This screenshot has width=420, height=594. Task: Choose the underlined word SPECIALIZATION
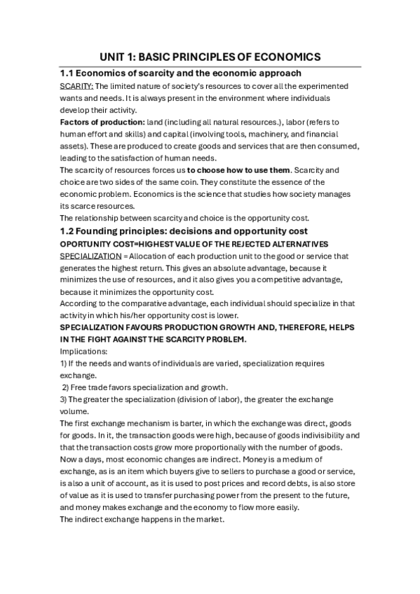coord(90,256)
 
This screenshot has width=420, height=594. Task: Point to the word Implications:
coord(84,351)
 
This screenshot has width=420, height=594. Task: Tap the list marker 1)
coord(64,364)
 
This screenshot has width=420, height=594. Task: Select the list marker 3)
coord(64,399)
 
